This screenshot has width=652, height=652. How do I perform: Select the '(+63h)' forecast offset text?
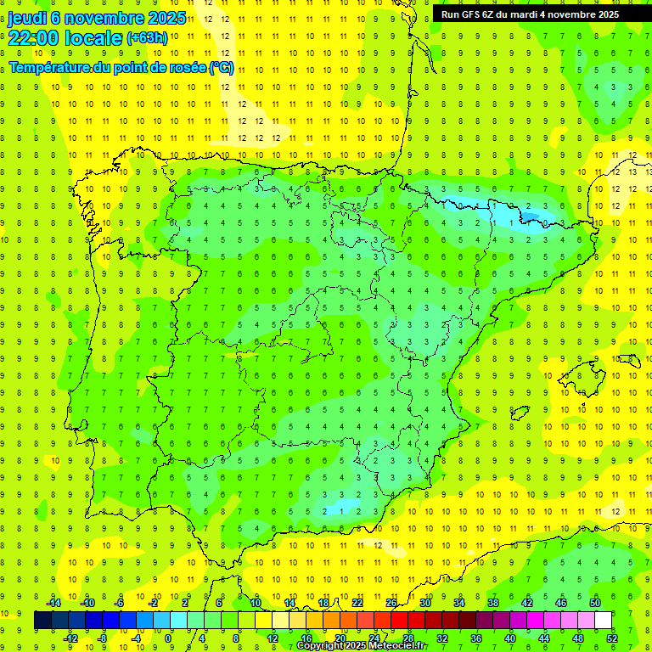(x=147, y=38)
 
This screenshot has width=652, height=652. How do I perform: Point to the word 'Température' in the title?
(x=50, y=68)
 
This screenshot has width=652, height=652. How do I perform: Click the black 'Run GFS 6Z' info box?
(x=542, y=14)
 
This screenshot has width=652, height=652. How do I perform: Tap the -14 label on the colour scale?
(x=53, y=603)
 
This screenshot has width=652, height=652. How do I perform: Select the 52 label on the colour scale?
(x=613, y=638)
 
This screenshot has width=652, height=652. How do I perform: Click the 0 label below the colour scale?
(x=168, y=638)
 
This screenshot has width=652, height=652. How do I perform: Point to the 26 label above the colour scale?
(x=391, y=603)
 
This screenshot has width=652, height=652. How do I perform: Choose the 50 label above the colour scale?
(x=595, y=603)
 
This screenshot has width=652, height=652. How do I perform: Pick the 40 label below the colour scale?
(x=510, y=638)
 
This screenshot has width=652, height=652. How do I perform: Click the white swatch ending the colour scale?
(x=603, y=621)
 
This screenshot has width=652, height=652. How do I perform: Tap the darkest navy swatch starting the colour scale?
(x=42, y=621)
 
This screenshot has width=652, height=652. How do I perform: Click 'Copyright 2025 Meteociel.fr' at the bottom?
(x=361, y=646)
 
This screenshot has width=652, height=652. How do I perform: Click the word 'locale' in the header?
(x=94, y=37)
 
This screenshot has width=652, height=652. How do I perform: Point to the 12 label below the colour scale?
(x=272, y=638)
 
